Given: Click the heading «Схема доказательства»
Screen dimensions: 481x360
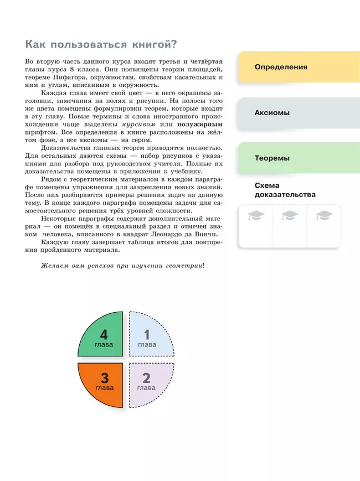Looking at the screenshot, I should click(285, 190).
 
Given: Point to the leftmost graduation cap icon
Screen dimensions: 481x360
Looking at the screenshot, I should click(256, 216).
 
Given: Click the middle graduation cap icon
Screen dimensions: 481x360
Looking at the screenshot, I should click(290, 216).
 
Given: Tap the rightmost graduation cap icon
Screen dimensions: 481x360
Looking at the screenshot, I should click(324, 216).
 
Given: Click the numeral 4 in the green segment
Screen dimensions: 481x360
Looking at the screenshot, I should click(104, 335).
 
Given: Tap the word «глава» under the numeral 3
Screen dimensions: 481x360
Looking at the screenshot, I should click(104, 388).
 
